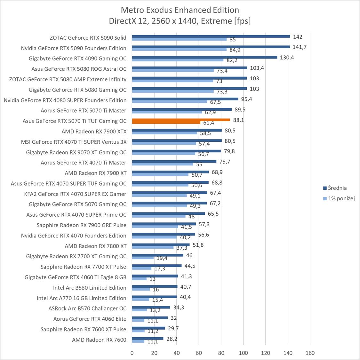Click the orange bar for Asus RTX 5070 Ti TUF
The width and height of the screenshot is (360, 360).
pos(181,120)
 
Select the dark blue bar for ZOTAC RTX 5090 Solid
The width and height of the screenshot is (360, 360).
pos(211,36)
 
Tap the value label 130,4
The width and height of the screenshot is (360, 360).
pos(287,58)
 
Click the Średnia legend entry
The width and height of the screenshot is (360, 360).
pos(337,188)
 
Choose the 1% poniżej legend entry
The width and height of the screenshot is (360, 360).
pos(341,198)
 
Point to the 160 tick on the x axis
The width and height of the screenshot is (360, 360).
pos(310,353)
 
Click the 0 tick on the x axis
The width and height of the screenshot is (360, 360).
pos(132,353)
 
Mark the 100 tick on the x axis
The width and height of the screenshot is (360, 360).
pos(243,353)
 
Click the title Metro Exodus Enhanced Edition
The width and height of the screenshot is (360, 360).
pos(180,10)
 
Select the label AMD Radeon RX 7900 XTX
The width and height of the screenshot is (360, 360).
pos(94,132)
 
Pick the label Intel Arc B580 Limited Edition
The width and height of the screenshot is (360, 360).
pos(90,288)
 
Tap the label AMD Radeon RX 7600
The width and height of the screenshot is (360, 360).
pos(99,340)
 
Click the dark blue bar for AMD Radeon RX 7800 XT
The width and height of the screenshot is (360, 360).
pos(161,245)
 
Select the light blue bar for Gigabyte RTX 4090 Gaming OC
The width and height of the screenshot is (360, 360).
pos(178,60)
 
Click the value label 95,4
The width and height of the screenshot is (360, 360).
pos(246,99)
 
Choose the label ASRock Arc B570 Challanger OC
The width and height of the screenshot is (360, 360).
pos(87,308)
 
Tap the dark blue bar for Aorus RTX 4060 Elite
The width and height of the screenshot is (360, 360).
pos(150,318)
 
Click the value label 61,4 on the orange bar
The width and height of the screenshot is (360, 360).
pos(209,123)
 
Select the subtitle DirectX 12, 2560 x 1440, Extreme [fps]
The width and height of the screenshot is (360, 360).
pos(180,21)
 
